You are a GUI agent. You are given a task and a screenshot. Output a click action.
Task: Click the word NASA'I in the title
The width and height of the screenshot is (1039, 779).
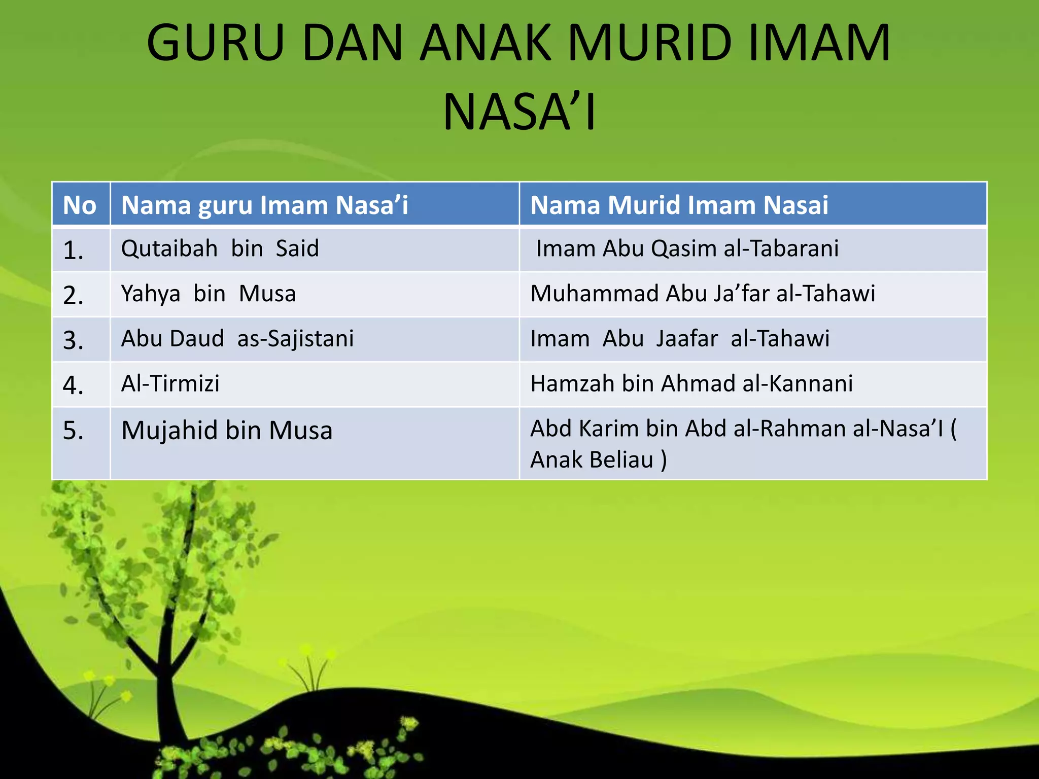519,113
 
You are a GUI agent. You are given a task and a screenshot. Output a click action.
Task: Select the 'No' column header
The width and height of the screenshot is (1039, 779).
80,205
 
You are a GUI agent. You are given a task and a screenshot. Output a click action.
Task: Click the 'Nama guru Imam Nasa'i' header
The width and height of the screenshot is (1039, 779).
264,205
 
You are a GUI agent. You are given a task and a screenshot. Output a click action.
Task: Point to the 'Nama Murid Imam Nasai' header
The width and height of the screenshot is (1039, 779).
679,205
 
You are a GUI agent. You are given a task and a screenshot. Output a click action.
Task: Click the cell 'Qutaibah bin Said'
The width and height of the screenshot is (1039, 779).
220,249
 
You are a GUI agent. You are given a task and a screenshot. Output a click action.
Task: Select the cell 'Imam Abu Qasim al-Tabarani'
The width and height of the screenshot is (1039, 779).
687,249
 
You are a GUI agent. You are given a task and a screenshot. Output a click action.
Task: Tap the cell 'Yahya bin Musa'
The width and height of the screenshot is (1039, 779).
208,294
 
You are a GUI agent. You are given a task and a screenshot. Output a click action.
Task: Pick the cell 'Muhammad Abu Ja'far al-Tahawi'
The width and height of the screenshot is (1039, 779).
703,294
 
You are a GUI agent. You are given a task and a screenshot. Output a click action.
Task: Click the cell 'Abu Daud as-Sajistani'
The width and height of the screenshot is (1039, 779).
237,339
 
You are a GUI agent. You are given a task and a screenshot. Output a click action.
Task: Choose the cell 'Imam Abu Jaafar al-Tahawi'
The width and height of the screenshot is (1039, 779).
680,339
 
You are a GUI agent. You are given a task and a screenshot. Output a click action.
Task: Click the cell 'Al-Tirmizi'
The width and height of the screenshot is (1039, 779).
170,383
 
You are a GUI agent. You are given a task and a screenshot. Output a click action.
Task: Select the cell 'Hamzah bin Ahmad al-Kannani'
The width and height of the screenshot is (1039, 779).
691,383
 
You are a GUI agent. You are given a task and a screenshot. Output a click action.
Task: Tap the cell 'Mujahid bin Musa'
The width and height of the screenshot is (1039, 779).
227,431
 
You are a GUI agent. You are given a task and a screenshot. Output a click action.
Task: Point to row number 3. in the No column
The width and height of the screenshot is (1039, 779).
73,340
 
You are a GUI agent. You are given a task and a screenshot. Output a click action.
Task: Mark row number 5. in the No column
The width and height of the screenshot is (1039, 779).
73,431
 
